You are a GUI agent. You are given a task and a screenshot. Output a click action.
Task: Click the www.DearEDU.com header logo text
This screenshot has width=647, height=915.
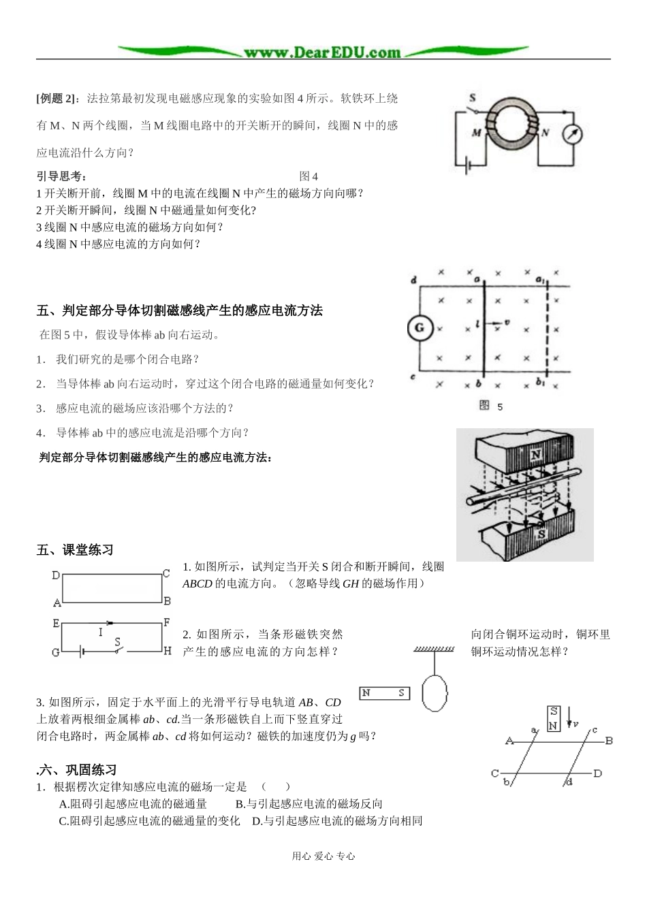point(322,52)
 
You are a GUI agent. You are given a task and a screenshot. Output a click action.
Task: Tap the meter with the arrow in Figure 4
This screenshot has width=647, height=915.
point(573,135)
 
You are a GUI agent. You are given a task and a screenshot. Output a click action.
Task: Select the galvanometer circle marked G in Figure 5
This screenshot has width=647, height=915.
point(420,328)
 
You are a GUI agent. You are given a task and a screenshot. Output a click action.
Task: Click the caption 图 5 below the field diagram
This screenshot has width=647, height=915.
point(491,406)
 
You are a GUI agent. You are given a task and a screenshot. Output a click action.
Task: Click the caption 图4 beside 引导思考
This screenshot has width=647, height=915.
point(309,176)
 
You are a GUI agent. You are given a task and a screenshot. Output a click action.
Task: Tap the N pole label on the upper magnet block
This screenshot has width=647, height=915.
point(536,454)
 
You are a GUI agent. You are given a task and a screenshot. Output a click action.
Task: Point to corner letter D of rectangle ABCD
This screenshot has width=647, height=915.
point(56,575)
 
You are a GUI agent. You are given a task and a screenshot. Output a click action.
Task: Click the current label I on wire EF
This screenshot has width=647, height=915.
point(100,632)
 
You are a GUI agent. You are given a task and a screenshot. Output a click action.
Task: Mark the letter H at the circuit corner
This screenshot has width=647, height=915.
point(167,651)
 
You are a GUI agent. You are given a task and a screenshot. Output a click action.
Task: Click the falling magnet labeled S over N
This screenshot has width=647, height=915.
point(553,719)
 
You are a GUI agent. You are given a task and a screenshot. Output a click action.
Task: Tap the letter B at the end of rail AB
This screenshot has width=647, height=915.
point(610,741)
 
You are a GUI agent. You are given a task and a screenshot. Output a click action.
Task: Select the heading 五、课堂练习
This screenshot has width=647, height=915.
point(75,550)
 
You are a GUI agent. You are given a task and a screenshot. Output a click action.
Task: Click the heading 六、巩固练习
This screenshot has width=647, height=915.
point(77,770)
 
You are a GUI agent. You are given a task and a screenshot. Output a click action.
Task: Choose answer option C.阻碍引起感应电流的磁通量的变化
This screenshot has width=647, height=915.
point(149,821)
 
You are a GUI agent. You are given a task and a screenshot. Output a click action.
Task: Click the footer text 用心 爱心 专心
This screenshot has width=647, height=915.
point(323,856)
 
